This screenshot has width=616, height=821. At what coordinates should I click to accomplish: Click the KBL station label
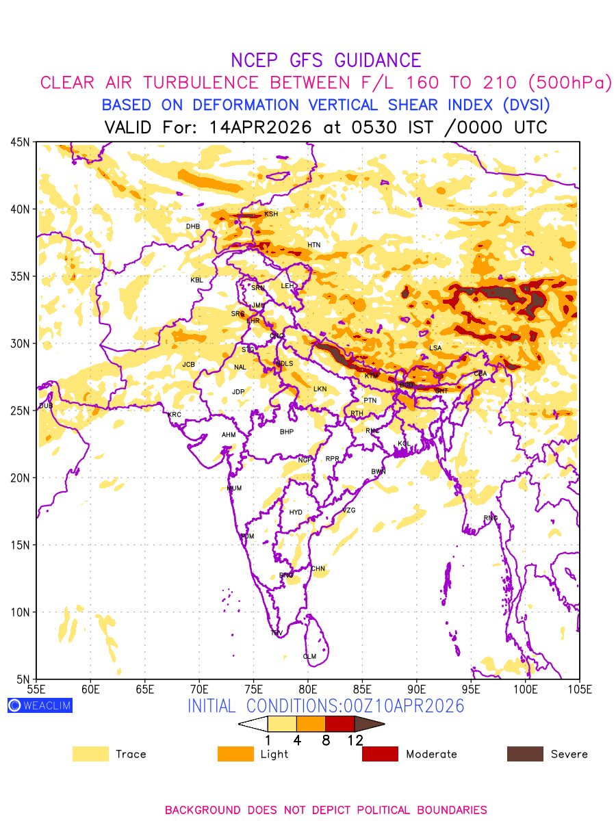(x=197, y=280)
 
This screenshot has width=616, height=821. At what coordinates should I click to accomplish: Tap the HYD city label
(x=296, y=512)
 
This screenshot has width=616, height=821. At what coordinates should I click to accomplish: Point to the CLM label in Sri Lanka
(x=309, y=657)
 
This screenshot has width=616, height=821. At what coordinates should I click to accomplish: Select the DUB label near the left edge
(x=46, y=406)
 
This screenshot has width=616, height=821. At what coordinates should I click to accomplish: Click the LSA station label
(x=435, y=348)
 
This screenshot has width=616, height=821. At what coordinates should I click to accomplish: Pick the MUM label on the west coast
(x=234, y=488)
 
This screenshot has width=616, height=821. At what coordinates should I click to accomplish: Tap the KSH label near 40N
(x=271, y=214)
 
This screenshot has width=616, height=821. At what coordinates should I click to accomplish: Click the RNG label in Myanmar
(x=491, y=518)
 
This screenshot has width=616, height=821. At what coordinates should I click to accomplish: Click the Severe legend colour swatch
(x=524, y=754)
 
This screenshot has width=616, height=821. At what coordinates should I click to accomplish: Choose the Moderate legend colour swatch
(x=380, y=754)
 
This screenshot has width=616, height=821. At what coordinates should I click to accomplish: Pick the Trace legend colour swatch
(x=90, y=754)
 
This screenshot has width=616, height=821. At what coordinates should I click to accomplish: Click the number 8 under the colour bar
(x=326, y=740)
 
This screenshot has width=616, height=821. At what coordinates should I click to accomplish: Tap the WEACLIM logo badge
(x=40, y=705)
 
